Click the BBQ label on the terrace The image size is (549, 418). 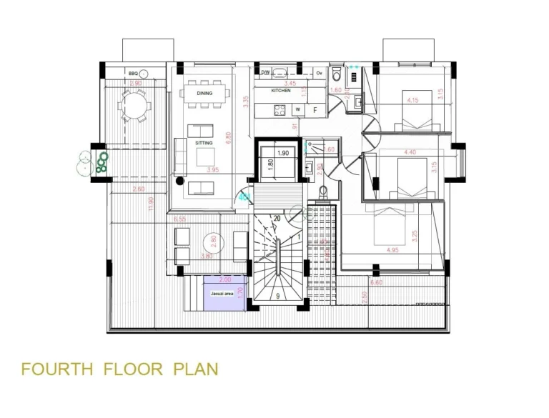pos(133,74)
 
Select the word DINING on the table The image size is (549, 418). pos(204,94)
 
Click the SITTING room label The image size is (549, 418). pos(204,143)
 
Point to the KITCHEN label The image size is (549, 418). pos(280,91)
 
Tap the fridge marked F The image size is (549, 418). pos(315,110)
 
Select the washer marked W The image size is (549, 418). pos(297,110)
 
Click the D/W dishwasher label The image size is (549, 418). pos(264,73)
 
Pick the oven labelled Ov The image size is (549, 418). pos(319,73)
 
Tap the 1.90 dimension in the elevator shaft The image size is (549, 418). pos(282,154)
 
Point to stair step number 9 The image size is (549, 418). pos(278,295)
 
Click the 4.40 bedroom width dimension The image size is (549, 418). pos(410,152)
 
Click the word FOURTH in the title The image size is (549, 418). pos(57,369)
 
